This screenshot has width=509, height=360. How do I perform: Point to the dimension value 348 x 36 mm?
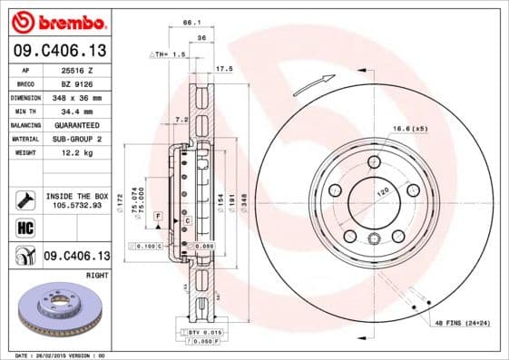(x=80, y=96)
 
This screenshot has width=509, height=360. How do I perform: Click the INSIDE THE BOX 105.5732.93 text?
(x=77, y=200)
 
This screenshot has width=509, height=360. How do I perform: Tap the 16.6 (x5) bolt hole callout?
(x=411, y=130)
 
